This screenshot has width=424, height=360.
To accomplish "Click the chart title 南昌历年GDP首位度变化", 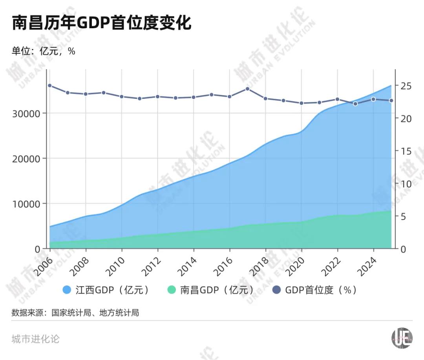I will pos(102,23).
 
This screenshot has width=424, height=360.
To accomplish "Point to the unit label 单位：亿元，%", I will pos(43,51).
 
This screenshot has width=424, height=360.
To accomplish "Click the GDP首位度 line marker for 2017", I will pos(247,89).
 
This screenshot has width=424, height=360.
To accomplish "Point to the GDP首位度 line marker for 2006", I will pos(49,85).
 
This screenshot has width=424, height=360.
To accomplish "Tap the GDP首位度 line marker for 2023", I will pos(355,104).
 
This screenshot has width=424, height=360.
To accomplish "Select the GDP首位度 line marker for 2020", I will pos(302,103).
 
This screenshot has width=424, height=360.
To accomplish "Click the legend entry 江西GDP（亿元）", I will pos(106,290).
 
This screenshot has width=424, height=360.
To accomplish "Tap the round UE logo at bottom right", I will pos(402,338).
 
